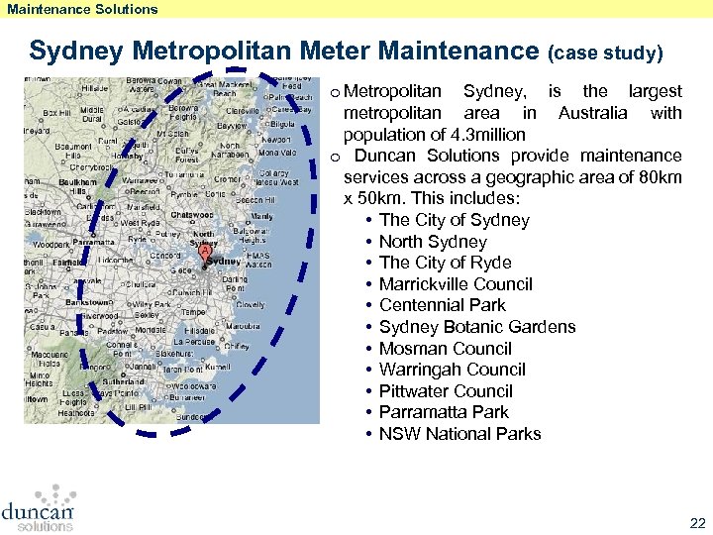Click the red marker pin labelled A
click(204, 254)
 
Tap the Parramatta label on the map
click(95, 241)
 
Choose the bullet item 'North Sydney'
click(433, 242)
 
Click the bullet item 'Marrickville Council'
click(456, 284)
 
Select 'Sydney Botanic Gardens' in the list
click(476, 327)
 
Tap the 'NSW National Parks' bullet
click(459, 434)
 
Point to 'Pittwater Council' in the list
click(446, 391)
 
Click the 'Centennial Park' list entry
click(442, 305)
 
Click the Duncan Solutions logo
click(38, 507)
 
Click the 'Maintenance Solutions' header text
click(82, 9)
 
